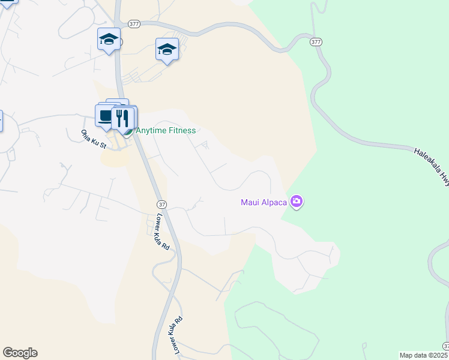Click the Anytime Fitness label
pyautogui.click(x=166, y=130)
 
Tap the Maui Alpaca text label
pyautogui.click(x=264, y=202)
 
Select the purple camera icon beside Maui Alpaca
pyautogui.click(x=296, y=202)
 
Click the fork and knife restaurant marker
pyautogui.click(x=123, y=118)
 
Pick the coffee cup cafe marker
pyautogui.click(x=105, y=116)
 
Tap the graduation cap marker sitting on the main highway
pyautogui.click(x=109, y=41)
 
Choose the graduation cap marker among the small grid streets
pyautogui.click(x=167, y=50)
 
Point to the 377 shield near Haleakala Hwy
pyautogui.click(x=316, y=42)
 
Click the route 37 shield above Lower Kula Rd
pyautogui.click(x=161, y=205)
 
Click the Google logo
pyautogui.click(x=20, y=353)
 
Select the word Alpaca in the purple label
pyautogui.click(x=274, y=202)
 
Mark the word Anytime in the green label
pyautogui.click(x=151, y=130)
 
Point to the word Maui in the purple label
pyautogui.click(x=250, y=202)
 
